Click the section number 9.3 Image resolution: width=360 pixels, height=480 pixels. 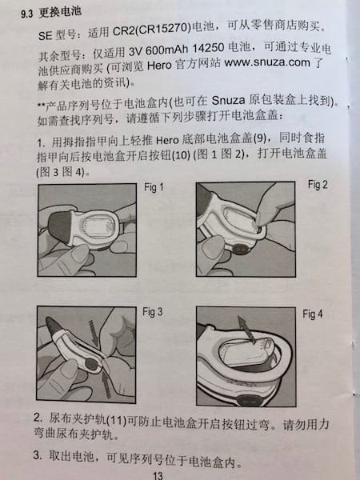coord(26,14)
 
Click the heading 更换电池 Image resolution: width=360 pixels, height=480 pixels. coord(60,12)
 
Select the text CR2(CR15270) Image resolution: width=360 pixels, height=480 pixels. coord(152,30)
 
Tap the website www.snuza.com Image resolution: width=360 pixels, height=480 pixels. coord(267,62)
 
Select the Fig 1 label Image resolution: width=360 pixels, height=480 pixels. coord(154,187)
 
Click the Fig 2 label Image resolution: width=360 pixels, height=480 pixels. coord(318,185)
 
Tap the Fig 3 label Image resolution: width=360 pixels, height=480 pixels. coord(152,312)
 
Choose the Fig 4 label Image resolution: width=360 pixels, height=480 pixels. coord(312,314)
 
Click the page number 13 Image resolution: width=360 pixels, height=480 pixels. coord(158,475)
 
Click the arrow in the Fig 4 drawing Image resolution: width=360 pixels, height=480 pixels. coord(246,330)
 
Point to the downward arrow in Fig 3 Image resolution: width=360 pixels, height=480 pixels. coord(93,332)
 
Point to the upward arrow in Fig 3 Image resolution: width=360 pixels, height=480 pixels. coord(106,384)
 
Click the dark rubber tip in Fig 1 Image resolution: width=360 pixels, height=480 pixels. coord(59,226)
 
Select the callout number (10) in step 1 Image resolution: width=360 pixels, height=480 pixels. coord(182,155)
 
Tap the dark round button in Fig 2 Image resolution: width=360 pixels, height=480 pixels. coord(240,248)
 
